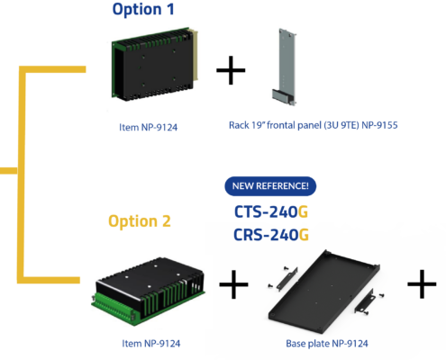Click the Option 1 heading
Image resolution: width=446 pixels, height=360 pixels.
pos(143,10)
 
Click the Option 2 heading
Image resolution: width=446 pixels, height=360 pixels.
pos(140,221)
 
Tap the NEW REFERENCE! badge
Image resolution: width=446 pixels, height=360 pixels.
pos(270,186)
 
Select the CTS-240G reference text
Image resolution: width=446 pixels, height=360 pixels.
pos(271,211)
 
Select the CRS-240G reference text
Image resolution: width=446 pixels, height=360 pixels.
pos(271,235)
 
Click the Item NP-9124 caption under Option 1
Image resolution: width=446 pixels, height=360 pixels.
pos(149,127)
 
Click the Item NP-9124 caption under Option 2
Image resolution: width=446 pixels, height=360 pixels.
pos(151,344)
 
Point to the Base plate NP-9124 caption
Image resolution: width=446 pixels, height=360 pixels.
pos(327,344)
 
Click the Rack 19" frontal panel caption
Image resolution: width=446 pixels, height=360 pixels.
pos(314,125)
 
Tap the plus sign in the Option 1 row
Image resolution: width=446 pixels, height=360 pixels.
pos(231,70)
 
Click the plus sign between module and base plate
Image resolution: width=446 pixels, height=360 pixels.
pos(233,284)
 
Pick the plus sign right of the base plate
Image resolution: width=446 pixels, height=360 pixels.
pos(422,283)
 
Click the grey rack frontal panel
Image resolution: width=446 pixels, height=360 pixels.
pos(285,67)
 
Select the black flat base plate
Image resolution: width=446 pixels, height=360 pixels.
pos(324,292)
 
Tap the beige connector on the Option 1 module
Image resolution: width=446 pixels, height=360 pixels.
pos(194,55)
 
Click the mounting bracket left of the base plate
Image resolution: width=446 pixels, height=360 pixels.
pos(284,278)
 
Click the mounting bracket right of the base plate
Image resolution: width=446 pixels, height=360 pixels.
pos(369,301)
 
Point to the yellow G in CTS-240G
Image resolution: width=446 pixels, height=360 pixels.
pos(303,211)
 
